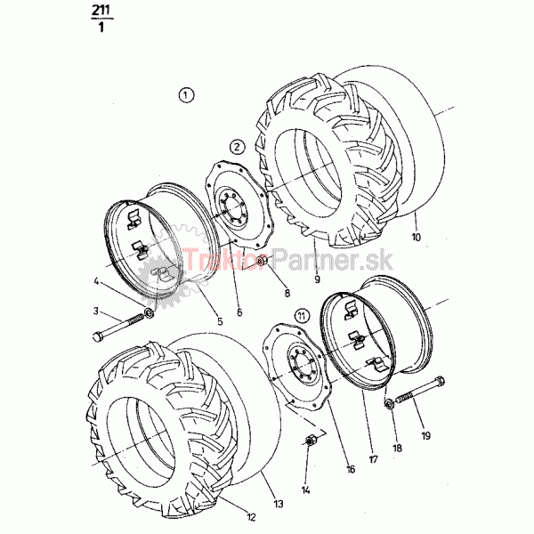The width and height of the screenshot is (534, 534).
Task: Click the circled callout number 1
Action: (186, 95)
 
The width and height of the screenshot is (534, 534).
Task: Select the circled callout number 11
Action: (302, 316)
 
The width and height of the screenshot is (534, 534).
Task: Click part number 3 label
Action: (96, 311)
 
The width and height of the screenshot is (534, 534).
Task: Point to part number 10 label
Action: (417, 237)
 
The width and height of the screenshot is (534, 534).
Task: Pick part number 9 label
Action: (318, 279)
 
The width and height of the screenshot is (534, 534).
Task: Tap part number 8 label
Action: (287, 293)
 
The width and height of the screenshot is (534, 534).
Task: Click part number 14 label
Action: (305, 490)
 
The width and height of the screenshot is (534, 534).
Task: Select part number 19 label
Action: (425, 435)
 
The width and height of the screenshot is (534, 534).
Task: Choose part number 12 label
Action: (251, 517)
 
